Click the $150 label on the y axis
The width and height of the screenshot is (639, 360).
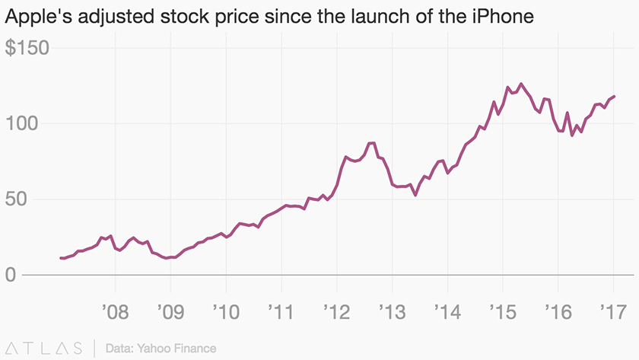click(27, 48)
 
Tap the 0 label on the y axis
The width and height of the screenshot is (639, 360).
click(11, 275)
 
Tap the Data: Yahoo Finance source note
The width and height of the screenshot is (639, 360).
click(161, 348)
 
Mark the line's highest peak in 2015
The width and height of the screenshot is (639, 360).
click(520, 84)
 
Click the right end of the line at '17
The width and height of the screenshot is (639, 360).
click(614, 97)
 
